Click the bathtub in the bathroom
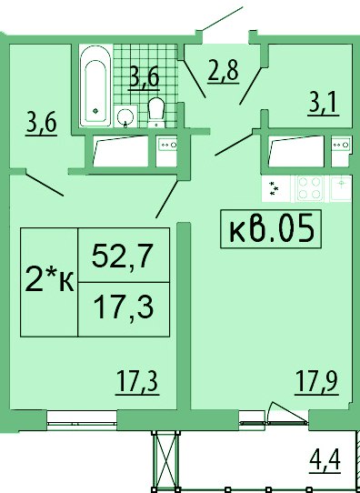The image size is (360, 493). tap(96, 86)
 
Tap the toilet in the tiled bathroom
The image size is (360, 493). tap(156, 112)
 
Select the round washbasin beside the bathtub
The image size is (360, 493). tap(125, 117)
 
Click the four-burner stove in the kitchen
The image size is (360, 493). tap(309, 188)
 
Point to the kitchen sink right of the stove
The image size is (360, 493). tap(341, 188)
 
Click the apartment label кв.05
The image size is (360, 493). tap(271, 229)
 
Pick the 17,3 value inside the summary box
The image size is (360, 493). tap(124, 308)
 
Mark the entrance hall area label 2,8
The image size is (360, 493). tap(224, 73)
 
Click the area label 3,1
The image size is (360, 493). tap(324, 105)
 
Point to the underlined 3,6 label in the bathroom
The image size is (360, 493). tap(144, 79)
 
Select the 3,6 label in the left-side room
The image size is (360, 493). tap(41, 125)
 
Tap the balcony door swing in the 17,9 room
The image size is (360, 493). tap(287, 413)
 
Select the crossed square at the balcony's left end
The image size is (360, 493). tap(165, 461)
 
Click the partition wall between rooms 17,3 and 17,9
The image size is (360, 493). tap(184, 316)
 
